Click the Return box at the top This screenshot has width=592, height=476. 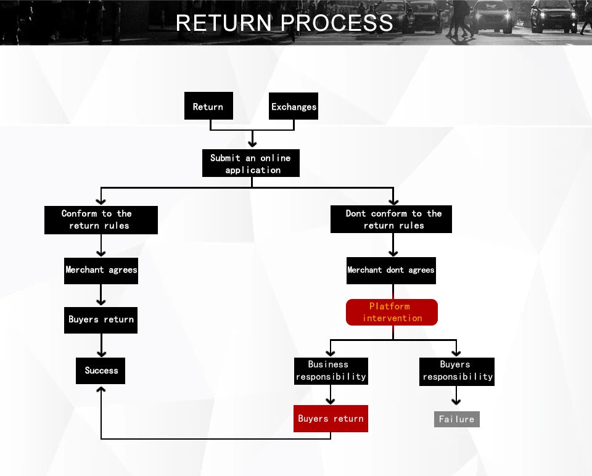pyautogui.click(x=208, y=106)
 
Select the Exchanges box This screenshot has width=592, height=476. pyautogui.click(x=294, y=106)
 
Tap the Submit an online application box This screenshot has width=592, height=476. pyautogui.click(x=251, y=163)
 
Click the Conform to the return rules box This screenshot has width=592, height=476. pyautogui.click(x=101, y=220)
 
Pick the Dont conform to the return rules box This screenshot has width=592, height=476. pyautogui.click(x=391, y=220)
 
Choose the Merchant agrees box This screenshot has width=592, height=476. pyautogui.click(x=101, y=270)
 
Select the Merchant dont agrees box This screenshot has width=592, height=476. pyautogui.click(x=391, y=270)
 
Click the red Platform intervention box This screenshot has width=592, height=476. pyautogui.click(x=392, y=312)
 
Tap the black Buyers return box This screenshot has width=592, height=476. pyautogui.click(x=101, y=320)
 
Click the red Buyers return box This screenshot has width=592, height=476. pyautogui.click(x=331, y=419)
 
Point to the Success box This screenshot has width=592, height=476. pyautogui.click(x=101, y=371)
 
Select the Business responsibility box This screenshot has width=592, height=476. pyautogui.click(x=331, y=371)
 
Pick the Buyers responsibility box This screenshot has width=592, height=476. pyautogui.click(x=457, y=371)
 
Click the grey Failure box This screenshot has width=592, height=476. pyautogui.click(x=456, y=419)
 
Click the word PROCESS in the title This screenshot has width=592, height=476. pyautogui.click(x=337, y=23)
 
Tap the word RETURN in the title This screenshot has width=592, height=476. pyautogui.click(x=223, y=23)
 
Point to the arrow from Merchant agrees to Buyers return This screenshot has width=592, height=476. pyautogui.click(x=101, y=296)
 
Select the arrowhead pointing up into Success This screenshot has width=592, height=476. pyautogui.click(x=101, y=390)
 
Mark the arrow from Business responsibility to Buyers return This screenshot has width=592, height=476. pyautogui.click(x=331, y=395)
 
